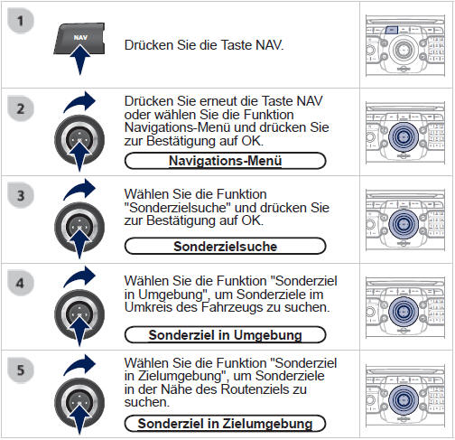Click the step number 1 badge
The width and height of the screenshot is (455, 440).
coord(20,21)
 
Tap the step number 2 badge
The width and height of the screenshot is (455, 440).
coord(20,108)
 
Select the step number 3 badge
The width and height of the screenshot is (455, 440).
coord(20,195)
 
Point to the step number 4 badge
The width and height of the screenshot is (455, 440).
coord(20,283)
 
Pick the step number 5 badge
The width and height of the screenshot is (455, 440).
coord(20,370)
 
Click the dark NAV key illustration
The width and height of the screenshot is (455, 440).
coord(79,38)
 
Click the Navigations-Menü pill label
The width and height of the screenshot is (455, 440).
coord(225,161)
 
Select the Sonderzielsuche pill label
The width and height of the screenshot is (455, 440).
coord(225,246)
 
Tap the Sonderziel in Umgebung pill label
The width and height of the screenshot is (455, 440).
coord(225,334)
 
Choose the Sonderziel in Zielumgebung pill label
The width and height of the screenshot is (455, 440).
coord(225,423)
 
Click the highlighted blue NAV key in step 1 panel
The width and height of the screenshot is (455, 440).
coord(392,30)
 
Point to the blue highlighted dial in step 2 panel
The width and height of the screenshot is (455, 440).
coord(404,137)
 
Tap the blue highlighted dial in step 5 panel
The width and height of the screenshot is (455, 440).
coord(404,399)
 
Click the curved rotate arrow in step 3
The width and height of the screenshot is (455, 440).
coord(79,189)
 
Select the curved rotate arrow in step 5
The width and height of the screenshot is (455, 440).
coord(79,364)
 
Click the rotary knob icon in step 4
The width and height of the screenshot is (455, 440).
coord(79,314)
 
